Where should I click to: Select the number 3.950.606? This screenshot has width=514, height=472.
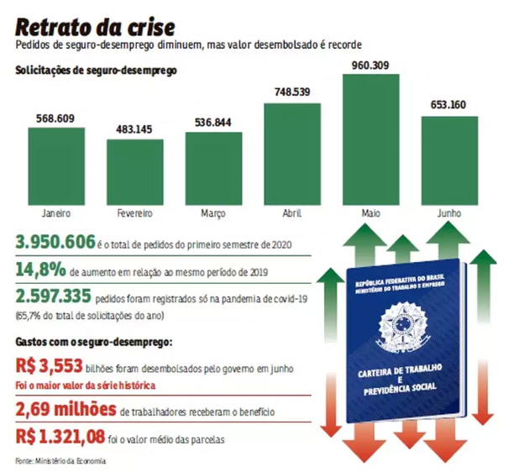tap(55, 243)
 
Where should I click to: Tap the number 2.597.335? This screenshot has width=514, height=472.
tap(55, 296)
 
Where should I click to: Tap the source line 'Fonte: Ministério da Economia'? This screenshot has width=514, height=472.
tap(61, 460)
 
